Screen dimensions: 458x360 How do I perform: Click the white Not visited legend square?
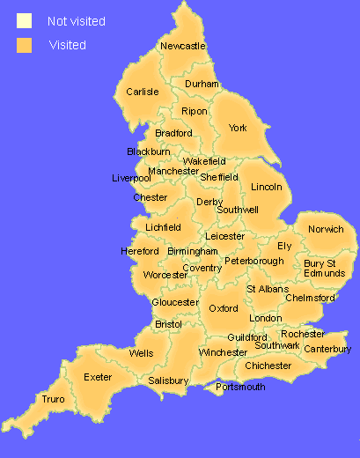tap(24, 20)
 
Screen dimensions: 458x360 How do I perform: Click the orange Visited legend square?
tap(24, 45)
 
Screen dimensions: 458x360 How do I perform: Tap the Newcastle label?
tap(183, 46)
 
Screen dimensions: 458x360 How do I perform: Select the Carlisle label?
tap(142, 92)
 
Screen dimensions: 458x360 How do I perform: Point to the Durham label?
tap(201, 85)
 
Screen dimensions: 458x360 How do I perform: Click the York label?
tap(238, 128)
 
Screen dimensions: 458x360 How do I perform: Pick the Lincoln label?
tap(267, 188)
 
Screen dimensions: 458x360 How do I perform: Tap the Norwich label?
tap(326, 229)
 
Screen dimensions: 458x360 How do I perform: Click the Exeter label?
tap(98, 377)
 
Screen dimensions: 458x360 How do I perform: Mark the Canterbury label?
tap(327, 350)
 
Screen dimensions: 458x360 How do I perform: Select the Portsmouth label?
tap(240, 387)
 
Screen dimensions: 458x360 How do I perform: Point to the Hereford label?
tap(140, 252)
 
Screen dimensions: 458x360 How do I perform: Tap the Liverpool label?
tap(132, 178)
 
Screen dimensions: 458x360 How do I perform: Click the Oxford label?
tap(224, 308)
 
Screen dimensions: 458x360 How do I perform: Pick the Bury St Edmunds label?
tap(324, 268)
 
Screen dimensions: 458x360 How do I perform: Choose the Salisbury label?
tap(168, 380)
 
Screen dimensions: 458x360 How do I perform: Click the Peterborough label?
tap(253, 261)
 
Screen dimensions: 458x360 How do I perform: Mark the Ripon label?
tap(195, 111)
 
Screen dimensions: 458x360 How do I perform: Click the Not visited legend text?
tap(77, 20)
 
